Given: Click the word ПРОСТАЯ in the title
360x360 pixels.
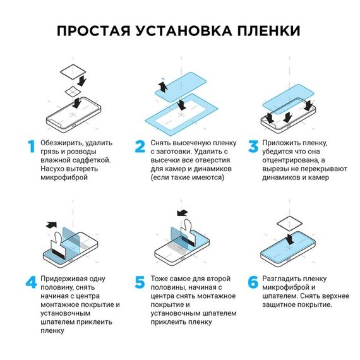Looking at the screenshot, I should tap(95, 31).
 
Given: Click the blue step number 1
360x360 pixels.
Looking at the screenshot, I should tap(28, 147).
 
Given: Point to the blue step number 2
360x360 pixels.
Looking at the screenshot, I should tap(140, 147).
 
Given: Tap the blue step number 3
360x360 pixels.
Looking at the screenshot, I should tap(252, 147).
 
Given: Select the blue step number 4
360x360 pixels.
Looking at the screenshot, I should tap(30, 282).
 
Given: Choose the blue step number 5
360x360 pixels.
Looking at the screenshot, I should tap(140, 282).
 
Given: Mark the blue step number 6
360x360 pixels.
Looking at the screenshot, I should tap(252, 282).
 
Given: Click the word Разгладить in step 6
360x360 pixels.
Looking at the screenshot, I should tap(284, 279).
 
